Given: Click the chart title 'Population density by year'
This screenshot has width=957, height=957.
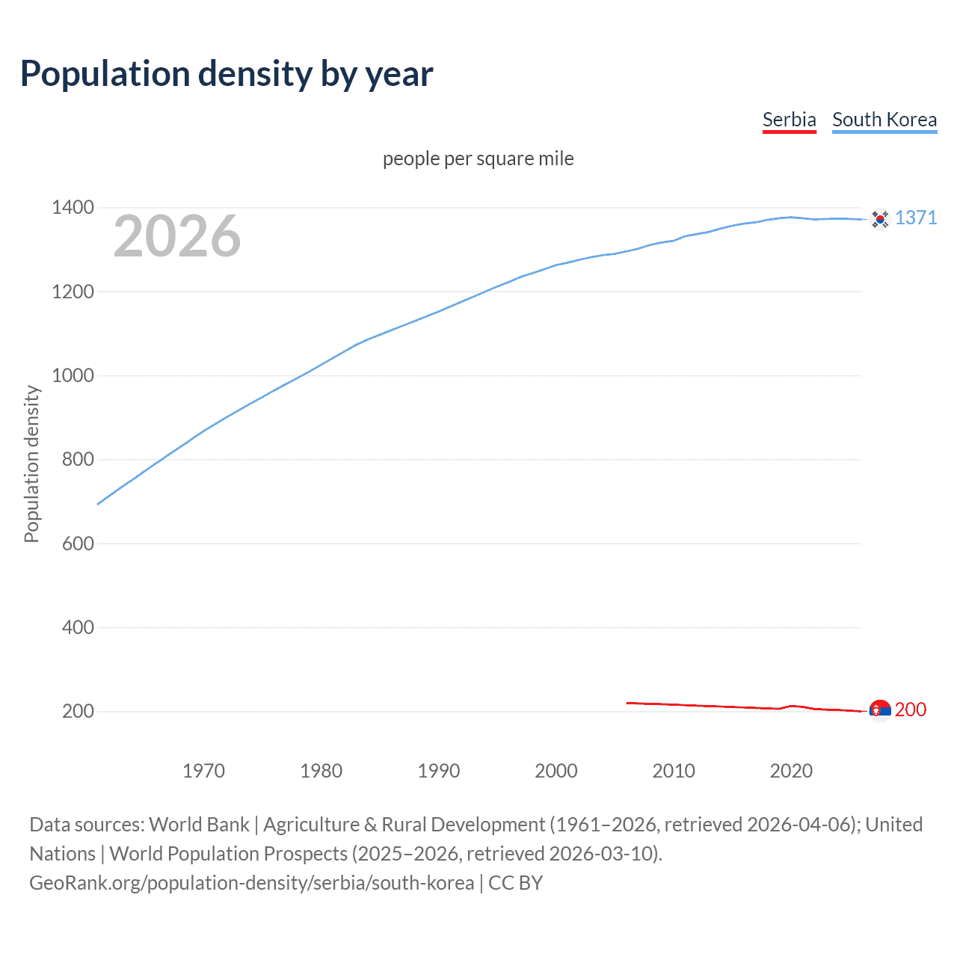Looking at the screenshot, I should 227,74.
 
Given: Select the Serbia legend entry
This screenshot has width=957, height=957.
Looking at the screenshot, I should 789,120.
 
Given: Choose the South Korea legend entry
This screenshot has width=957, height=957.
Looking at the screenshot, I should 884,120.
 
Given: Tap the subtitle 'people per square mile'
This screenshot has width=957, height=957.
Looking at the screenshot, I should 478,159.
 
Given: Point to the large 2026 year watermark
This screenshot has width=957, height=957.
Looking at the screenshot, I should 177,236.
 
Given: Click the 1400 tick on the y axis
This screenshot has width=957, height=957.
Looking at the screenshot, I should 73,207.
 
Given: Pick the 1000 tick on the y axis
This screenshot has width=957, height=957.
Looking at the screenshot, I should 73,375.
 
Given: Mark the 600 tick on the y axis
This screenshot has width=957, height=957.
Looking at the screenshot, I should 78,544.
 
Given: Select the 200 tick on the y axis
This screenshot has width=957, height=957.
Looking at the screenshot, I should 78,711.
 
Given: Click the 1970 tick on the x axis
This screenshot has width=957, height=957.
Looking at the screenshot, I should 203,771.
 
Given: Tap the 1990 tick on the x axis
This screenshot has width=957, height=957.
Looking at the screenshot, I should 439,771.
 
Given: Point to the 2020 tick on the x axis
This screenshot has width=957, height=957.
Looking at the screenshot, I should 791,771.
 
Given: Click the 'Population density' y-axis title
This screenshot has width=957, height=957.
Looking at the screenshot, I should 31,464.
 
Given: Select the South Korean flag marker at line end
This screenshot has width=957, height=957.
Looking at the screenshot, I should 880,218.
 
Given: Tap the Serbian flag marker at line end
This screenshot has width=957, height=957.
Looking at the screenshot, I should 880,710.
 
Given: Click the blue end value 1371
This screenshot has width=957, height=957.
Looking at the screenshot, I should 916,218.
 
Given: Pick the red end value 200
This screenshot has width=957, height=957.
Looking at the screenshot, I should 911,710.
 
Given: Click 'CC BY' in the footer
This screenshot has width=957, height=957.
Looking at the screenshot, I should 516,883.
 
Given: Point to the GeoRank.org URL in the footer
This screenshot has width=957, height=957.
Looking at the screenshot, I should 251,883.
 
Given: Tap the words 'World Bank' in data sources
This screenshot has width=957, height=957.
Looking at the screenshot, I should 199,825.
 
